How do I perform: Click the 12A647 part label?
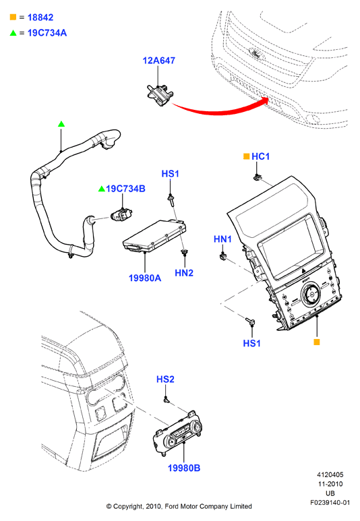[x=158, y=61]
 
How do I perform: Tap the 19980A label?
[x=145, y=278]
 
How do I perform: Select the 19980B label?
[x=184, y=468]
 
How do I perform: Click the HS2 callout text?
[x=165, y=379]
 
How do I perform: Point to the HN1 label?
[x=222, y=239]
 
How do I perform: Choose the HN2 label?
[x=184, y=273]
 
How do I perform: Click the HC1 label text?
[x=261, y=156]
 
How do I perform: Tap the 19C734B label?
[x=125, y=189]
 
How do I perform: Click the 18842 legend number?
[x=40, y=18]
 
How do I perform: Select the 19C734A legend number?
[x=47, y=33]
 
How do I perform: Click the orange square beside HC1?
[x=246, y=156]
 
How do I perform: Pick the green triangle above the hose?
[x=61, y=124]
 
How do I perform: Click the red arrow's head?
[x=264, y=100]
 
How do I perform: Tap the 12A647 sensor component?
[x=159, y=96]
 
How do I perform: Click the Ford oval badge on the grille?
[x=257, y=53]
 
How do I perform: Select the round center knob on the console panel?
[x=311, y=294]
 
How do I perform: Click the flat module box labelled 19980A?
[x=154, y=236]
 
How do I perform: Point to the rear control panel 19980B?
[x=178, y=433]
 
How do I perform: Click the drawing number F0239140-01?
[x=330, y=503]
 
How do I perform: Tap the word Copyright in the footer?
[x=128, y=507]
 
